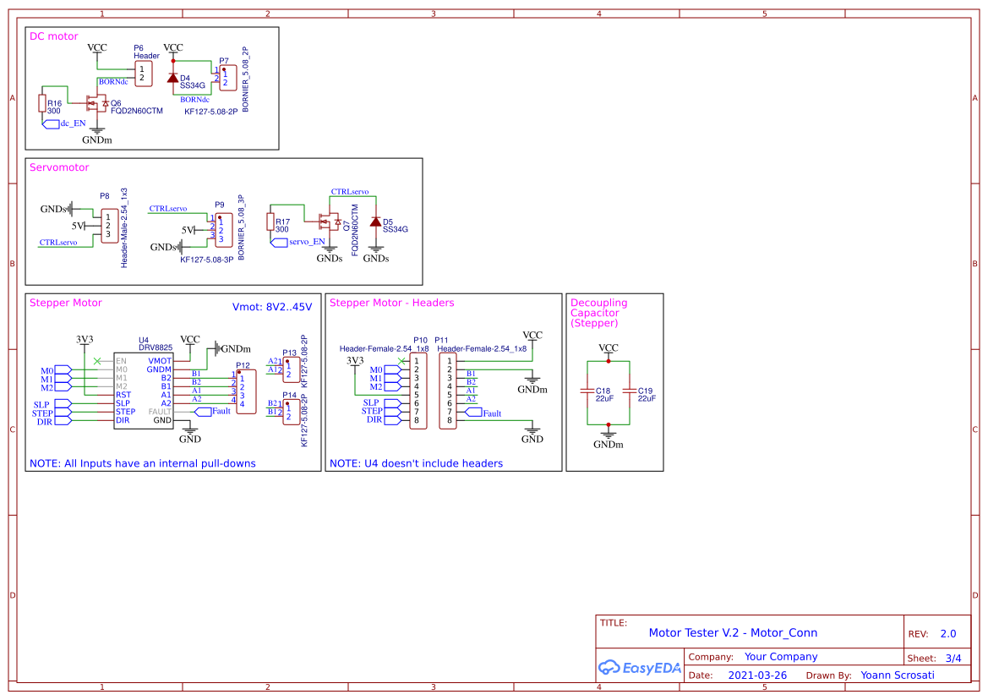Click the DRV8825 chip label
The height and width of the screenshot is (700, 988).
point(156,347)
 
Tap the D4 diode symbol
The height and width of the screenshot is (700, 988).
point(173,79)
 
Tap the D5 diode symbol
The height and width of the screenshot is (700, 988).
point(375,221)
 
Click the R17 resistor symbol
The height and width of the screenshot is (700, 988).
point(271,222)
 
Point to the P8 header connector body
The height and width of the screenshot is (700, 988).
point(109,225)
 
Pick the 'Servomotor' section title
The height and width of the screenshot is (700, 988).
point(59,167)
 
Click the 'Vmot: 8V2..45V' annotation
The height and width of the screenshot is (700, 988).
point(272,306)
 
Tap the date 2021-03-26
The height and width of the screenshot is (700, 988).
point(757,675)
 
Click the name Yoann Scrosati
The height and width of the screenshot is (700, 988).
point(898,675)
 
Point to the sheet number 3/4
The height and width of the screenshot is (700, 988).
point(953,658)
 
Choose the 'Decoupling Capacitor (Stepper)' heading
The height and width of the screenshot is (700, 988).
point(599,313)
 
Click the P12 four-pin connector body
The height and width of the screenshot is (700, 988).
point(245,391)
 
